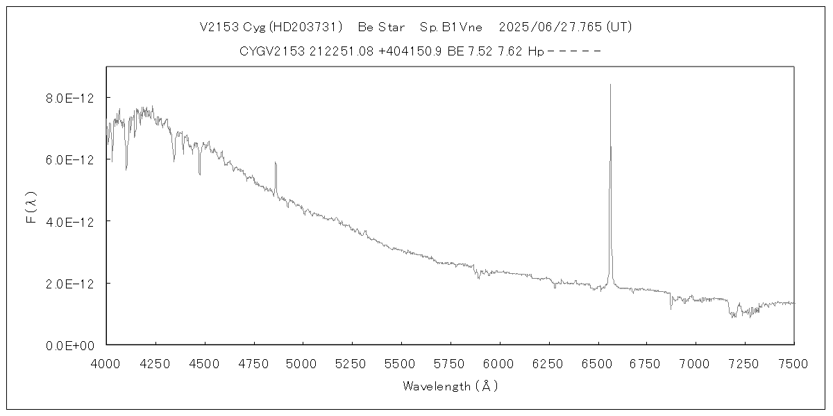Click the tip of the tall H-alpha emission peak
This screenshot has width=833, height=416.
tap(610, 85)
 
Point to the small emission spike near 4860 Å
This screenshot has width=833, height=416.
tap(276, 163)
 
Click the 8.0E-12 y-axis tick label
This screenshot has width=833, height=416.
tap(69, 98)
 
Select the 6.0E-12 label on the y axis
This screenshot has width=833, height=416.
tap(69, 159)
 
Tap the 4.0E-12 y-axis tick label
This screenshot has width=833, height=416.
tap(69, 221)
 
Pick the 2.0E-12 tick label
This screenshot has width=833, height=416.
tap(69, 284)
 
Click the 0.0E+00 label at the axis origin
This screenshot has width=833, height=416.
tap(69, 345)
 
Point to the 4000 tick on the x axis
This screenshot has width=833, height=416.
tap(106, 363)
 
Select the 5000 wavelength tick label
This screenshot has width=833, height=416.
tap(303, 363)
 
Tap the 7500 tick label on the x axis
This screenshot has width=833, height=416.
tap(794, 363)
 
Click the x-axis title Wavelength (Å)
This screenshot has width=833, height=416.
tap(450, 386)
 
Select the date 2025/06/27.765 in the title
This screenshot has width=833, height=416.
tap(550, 27)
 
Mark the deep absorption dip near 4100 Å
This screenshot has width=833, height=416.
tap(126, 168)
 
